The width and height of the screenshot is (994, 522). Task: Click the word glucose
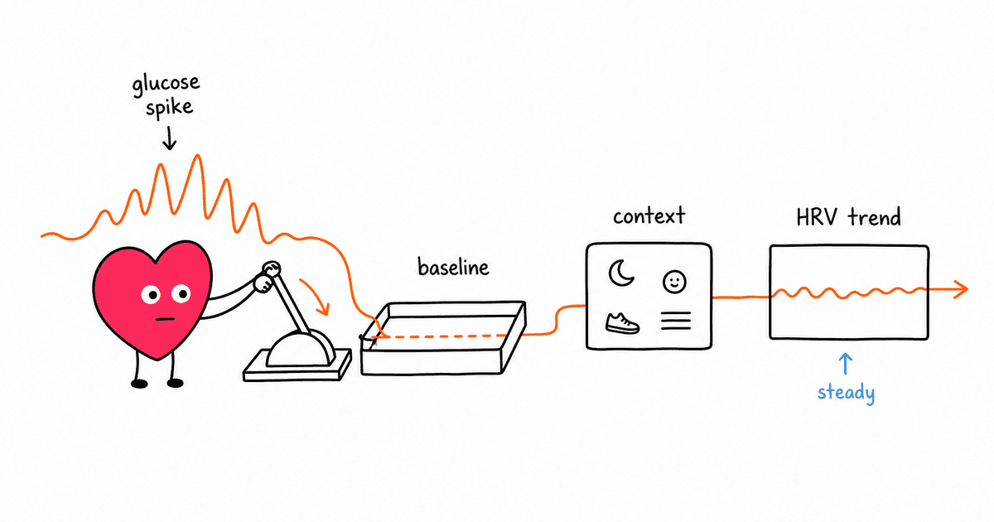coord(166,85)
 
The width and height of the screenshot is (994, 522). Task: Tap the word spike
coord(170,109)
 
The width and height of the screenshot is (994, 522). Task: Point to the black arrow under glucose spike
coord(169,138)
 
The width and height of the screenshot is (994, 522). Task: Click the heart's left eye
coord(151,294)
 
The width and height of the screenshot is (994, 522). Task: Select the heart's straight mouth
coord(165,319)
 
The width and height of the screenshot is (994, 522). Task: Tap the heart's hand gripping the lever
coord(263,283)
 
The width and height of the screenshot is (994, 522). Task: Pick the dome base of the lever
coord(301,350)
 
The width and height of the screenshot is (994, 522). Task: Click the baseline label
coord(453,267)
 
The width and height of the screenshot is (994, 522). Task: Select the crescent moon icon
coord(620,273)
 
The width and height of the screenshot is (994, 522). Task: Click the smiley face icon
coord(674,282)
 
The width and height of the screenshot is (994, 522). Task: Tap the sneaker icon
coord(622,323)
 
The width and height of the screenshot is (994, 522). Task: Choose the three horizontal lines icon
coord(676,321)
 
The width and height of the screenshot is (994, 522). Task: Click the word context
coord(649,216)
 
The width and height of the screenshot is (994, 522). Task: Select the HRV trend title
coord(848,217)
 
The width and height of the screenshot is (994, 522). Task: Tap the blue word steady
coord(847,394)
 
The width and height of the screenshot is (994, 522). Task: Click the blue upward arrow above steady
coord(846,364)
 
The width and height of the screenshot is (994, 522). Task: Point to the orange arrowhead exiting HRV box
coord(961,289)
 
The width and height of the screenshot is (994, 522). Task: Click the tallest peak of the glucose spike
coord(197,156)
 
